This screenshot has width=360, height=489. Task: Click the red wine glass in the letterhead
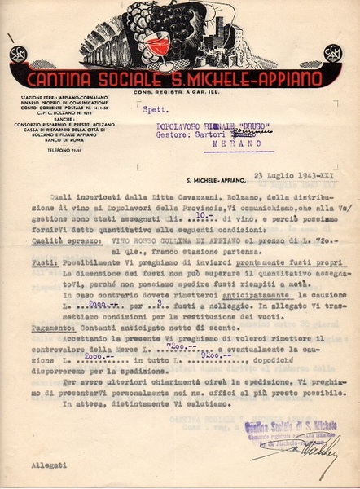coord(159,45)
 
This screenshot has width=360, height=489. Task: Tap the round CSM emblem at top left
coord(18,54)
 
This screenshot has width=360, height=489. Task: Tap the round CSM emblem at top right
coord(332,54)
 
